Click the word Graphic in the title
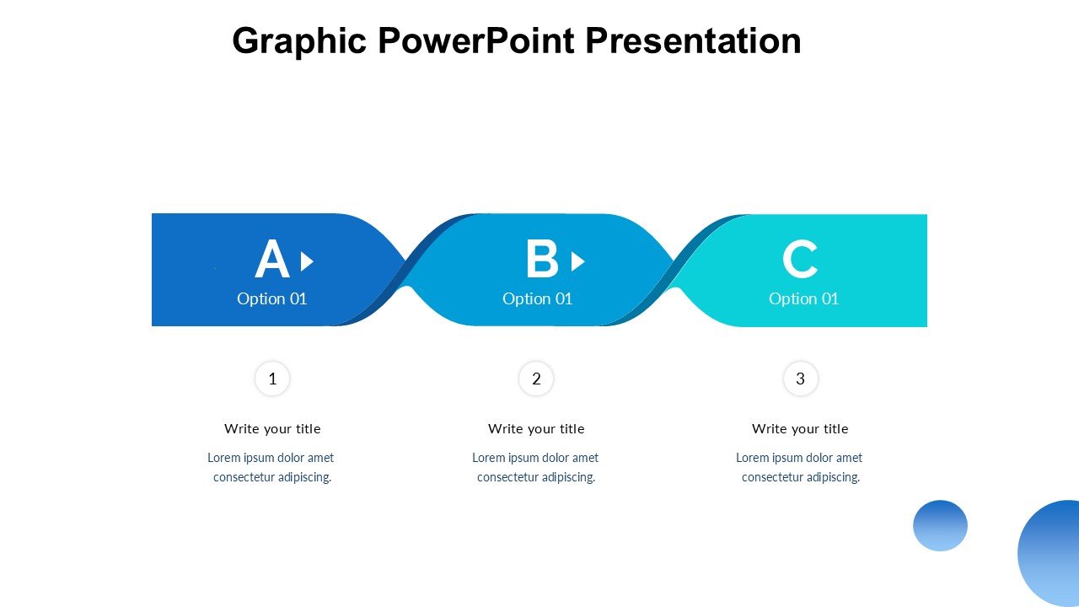299,41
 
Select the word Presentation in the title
693,40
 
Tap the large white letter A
271,260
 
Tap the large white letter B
542,260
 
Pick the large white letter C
800,260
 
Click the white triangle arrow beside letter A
307,261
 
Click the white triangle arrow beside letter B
577,261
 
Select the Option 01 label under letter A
271,298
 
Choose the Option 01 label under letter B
537,298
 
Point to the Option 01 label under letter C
803,298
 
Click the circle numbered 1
272,379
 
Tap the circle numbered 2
536,379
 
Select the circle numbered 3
800,379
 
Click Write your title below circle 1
272,428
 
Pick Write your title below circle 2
536,428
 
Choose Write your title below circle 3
800,428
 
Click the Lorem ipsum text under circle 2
535,467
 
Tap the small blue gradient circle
940,525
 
